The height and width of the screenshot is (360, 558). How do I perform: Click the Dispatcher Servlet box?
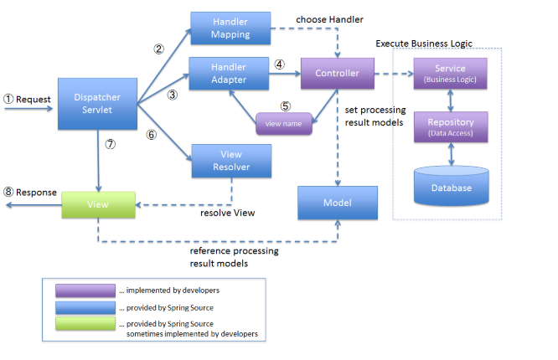point(96,104)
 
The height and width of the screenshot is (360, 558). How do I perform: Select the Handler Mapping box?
point(230,28)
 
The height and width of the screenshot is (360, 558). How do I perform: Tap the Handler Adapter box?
point(230,74)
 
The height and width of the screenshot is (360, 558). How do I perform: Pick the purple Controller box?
point(336,74)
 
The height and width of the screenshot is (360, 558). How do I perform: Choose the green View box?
point(98,204)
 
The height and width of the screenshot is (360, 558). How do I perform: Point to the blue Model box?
point(336,203)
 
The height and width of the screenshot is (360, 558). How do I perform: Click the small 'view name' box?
point(284,123)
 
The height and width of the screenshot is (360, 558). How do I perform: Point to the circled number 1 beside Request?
point(9,99)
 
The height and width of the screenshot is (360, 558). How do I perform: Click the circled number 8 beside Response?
point(9,193)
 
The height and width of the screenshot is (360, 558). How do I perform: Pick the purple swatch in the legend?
point(85,290)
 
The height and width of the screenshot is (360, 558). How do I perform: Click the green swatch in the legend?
point(85,323)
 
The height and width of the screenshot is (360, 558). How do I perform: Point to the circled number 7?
point(110,144)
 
